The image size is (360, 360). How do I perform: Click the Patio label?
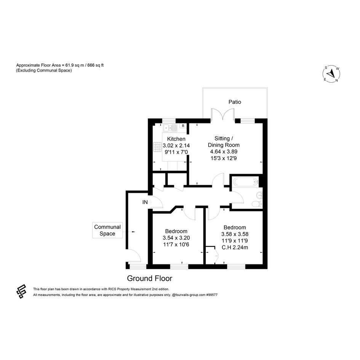tap(235, 102)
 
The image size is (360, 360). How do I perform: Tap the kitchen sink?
tap(170, 128)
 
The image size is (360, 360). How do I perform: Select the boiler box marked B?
tap(183, 126)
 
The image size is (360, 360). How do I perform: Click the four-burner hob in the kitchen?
tap(157, 147)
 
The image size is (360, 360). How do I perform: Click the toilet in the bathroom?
tap(257, 204)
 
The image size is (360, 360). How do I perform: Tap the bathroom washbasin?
tap(259, 195)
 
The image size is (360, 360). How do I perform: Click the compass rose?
tap(331, 74)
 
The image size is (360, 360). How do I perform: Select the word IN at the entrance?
tap(145, 202)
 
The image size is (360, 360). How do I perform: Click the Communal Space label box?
tap(107, 230)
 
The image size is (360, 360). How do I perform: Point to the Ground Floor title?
tap(149, 278)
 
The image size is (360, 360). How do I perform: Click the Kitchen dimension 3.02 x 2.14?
tap(176, 146)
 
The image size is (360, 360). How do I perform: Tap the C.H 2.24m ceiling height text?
tap(235, 248)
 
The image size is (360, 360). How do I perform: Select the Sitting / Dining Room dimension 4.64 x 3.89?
tap(224, 152)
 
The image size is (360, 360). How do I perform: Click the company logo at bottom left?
tap(21, 291)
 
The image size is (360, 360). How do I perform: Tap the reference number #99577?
tap(212, 295)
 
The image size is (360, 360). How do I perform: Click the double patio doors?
tap(223, 114)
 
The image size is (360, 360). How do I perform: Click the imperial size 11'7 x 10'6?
tap(176, 245)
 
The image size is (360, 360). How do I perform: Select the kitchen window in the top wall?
tap(169, 120)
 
